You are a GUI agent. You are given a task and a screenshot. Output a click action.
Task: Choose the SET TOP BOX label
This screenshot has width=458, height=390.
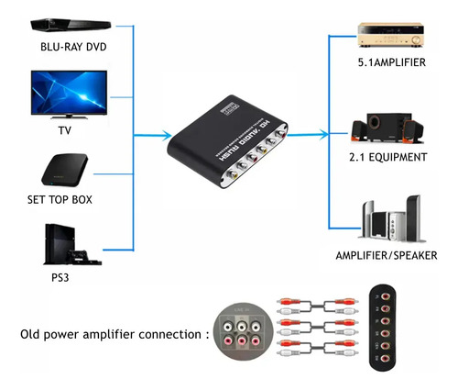point(60,199)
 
